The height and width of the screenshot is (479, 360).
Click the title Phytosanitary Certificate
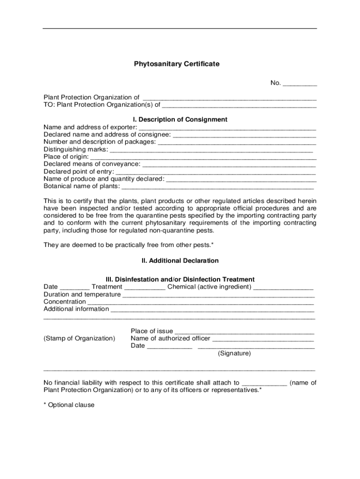[177, 64]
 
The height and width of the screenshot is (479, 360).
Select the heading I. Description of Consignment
[180, 119]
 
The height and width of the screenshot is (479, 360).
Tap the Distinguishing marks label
[75, 149]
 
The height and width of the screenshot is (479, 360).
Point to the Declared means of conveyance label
[92, 164]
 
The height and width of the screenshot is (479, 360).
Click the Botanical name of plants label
[81, 186]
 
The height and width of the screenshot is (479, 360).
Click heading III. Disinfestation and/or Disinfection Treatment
[180, 279]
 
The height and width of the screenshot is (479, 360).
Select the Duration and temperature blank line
[218, 295]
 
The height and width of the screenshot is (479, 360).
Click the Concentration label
[64, 302]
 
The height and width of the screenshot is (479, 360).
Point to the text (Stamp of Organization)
[79, 338]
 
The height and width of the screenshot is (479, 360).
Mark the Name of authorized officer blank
[263, 339]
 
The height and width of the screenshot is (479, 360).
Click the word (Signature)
[234, 354]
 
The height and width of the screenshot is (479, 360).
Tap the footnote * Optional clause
[69, 405]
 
